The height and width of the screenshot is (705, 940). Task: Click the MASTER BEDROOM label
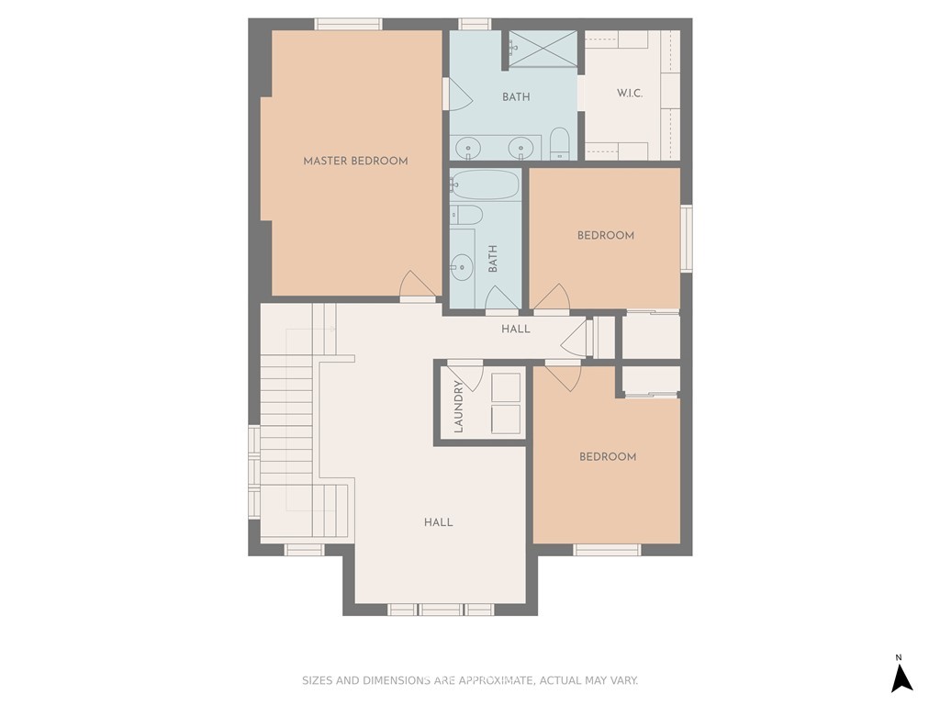tap(355, 161)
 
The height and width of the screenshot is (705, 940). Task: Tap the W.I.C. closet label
tap(630, 93)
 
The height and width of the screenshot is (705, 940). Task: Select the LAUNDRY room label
tap(459, 406)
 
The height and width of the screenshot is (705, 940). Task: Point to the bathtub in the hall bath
tap(485, 185)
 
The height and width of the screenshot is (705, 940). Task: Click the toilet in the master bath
tap(559, 144)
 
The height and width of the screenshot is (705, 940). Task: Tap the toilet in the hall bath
tap(466, 215)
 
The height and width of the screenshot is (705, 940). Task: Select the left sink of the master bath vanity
tap(467, 148)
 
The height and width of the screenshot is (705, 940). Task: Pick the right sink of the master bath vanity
tap(520, 148)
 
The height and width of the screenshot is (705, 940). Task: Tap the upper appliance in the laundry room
tap(506, 388)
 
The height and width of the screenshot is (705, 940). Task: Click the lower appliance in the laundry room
tap(506, 419)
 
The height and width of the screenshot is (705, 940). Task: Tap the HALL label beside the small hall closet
tap(516, 330)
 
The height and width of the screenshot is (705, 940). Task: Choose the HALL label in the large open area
tap(438, 522)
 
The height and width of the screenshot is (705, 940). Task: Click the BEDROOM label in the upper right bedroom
tap(606, 236)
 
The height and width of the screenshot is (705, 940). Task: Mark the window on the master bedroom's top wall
tap(348, 24)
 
